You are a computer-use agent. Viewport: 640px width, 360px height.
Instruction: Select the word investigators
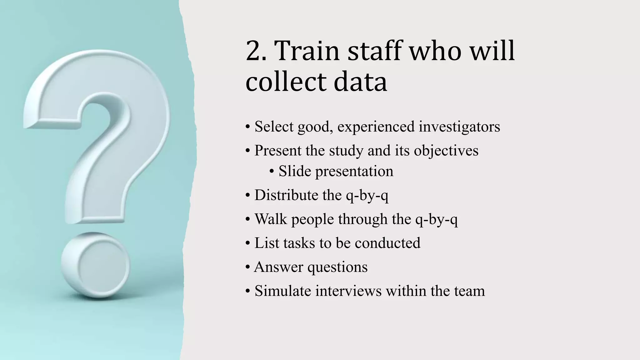tap(459, 127)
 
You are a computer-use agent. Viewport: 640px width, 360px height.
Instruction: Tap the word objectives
tap(446, 151)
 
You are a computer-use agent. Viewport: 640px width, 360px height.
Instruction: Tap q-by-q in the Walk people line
tap(436, 219)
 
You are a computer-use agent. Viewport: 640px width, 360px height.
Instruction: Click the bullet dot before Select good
tap(247, 127)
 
